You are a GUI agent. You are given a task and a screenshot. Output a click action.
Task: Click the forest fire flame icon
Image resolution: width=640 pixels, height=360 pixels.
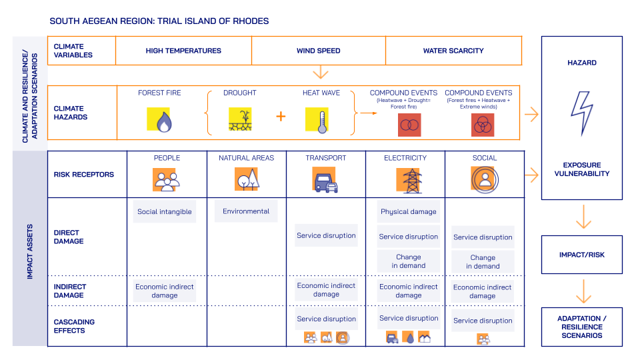[x=159, y=119]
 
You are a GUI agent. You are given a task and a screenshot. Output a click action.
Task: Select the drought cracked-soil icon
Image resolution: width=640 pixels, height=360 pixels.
[x=240, y=119]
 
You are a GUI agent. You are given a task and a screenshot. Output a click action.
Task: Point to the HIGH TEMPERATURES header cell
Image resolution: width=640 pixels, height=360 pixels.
[x=183, y=51]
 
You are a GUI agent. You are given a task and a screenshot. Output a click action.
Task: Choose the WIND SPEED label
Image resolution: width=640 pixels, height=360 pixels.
[x=318, y=51]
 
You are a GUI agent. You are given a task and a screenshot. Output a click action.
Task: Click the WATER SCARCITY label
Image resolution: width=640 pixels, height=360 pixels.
[x=453, y=51]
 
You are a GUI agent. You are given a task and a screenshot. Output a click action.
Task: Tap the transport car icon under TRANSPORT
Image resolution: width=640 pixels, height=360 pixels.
[x=325, y=179]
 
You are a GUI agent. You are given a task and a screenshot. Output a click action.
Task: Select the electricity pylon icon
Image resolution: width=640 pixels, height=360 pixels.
[x=409, y=179]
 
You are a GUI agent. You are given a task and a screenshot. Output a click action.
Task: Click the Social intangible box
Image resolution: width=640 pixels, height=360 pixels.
[x=165, y=211]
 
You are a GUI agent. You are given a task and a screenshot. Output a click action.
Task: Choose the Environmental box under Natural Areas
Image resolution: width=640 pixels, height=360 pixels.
[x=246, y=211]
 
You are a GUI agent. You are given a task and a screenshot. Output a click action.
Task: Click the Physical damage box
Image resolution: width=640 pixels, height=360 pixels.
[x=409, y=211]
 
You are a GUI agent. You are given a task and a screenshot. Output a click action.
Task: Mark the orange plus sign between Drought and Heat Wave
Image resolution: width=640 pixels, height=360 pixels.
[x=281, y=116]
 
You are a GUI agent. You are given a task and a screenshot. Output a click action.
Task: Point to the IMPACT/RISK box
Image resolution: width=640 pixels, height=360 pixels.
[x=581, y=255]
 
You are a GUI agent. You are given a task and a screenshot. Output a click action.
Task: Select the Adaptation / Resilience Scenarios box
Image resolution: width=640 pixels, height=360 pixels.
[x=581, y=327]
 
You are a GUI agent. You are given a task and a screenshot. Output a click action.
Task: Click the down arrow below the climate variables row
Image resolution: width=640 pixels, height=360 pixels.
[x=321, y=71]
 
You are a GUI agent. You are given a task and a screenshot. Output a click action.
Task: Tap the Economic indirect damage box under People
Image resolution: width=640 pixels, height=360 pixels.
[x=165, y=291]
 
